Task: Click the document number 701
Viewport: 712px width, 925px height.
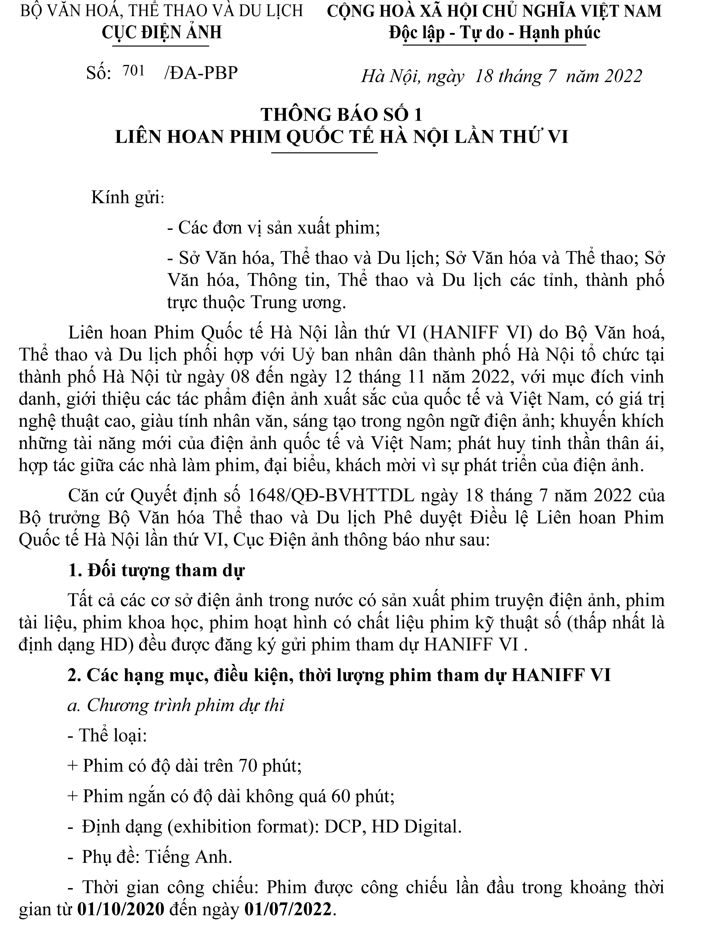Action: [134, 71]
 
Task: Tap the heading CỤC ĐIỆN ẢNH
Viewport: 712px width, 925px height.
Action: [162, 32]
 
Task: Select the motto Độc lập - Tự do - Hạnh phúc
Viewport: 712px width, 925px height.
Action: [495, 33]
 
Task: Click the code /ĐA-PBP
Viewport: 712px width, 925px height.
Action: [201, 73]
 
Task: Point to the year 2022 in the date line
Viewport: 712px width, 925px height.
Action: [623, 76]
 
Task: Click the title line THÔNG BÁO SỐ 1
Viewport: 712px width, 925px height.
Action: [342, 115]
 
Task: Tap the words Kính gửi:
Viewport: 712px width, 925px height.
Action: [128, 197]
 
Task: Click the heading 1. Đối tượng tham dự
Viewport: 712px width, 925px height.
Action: [156, 570]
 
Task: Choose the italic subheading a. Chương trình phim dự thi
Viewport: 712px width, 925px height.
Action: [175, 705]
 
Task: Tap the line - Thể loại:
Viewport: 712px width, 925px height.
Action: [107, 736]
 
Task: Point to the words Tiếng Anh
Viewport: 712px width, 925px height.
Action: [189, 857]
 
